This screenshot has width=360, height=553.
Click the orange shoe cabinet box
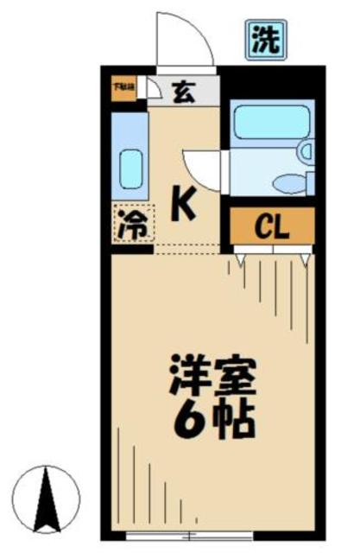(x=122, y=88)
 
